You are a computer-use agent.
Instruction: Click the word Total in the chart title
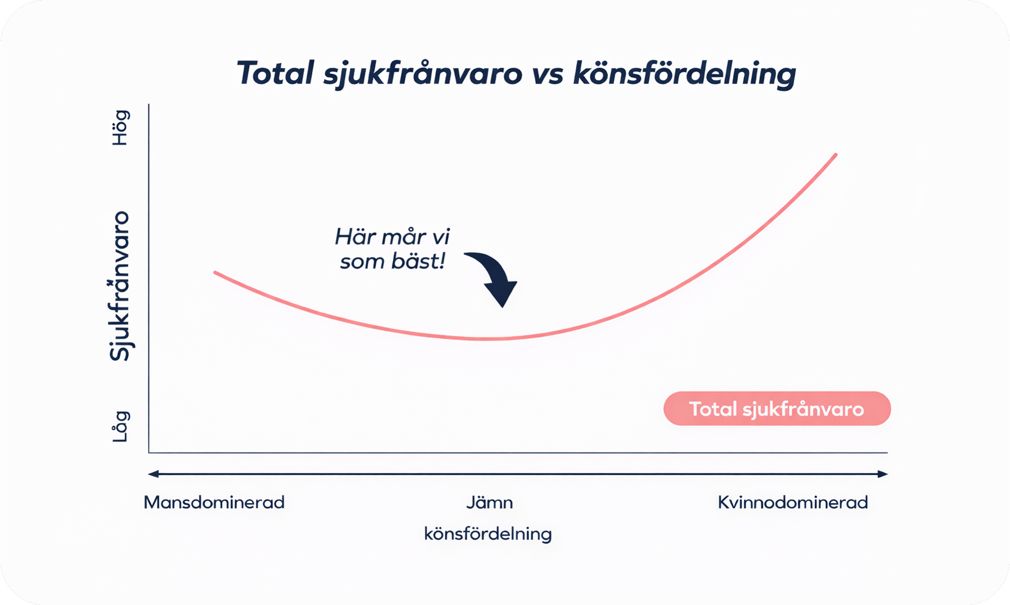coord(276,73)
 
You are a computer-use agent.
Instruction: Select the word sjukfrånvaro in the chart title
coord(423,75)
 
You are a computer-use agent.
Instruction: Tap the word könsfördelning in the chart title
coord(685,74)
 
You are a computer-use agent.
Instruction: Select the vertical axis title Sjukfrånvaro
coord(120,286)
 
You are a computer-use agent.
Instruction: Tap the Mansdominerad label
coord(214,502)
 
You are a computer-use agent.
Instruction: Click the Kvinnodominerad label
coord(793,502)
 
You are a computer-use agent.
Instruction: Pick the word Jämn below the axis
coord(489,502)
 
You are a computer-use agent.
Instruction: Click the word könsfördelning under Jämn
coord(488,534)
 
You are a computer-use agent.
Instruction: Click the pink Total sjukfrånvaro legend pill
coord(777,409)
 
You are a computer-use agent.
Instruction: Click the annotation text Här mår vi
coord(392,236)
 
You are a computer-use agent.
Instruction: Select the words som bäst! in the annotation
coord(392,262)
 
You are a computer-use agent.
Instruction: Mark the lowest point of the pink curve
coord(485,339)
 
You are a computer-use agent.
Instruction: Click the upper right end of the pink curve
coord(836,155)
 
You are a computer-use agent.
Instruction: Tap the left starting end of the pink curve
coord(216,273)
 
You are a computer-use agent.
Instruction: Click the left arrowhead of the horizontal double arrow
coord(153,474)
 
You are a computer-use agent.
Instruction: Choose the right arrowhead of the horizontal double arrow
coord(883,474)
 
